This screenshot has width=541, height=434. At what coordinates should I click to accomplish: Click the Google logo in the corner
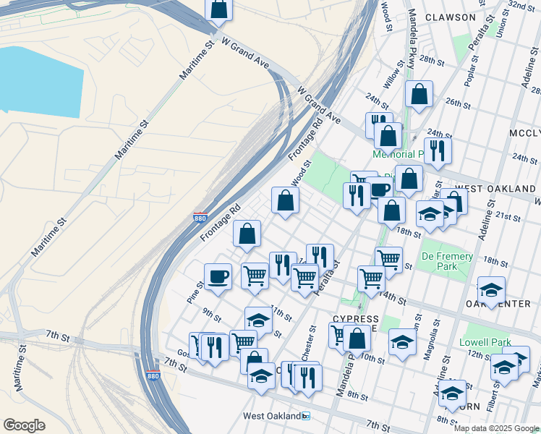coord(24,425)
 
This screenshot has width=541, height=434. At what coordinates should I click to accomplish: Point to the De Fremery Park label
coord(447,261)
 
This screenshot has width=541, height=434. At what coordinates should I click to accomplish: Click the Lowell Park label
coord(485,342)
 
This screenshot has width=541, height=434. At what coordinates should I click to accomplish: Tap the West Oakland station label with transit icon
coord(277,416)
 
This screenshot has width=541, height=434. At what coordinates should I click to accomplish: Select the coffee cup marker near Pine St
coord(218,276)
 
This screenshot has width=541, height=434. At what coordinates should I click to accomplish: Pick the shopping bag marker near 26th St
coord(419,94)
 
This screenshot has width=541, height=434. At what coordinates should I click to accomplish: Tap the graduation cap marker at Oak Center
coord(491,290)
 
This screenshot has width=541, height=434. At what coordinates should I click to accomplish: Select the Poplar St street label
coord(472,70)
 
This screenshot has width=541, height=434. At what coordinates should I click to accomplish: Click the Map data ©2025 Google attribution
coord(496,428)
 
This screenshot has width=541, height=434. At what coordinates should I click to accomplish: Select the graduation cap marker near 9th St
coord(258,318)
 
